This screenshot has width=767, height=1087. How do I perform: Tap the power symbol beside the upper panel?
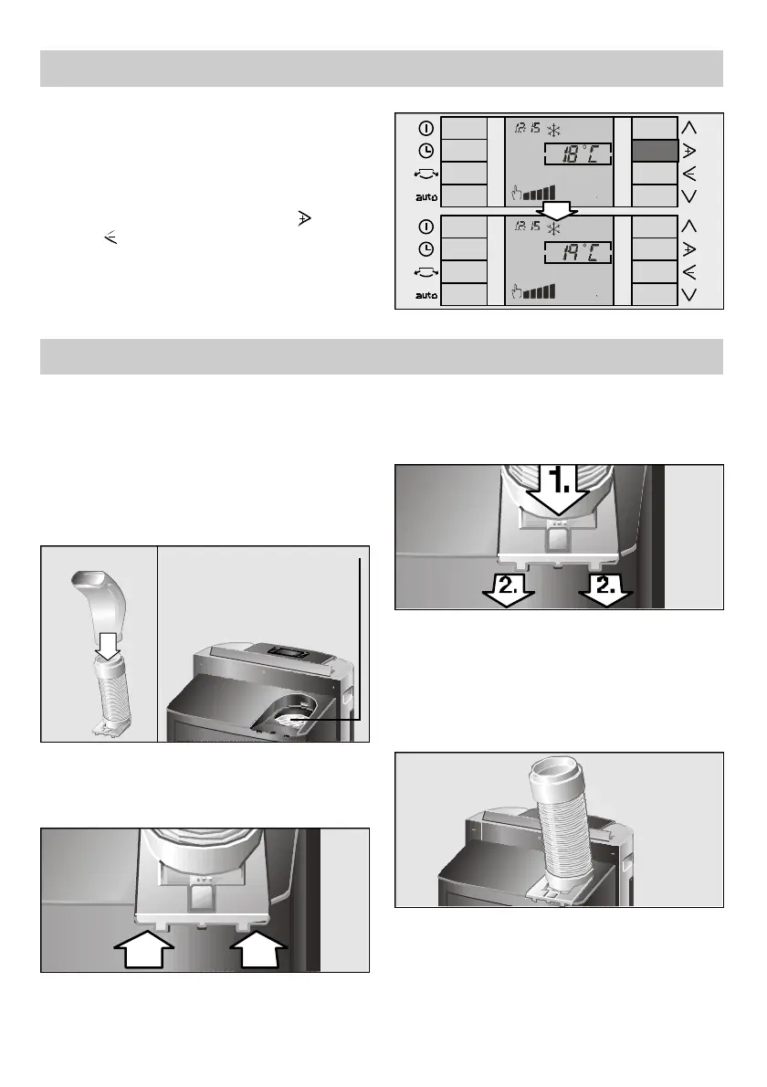pos(426,128)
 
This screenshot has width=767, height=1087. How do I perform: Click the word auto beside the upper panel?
pos(426,195)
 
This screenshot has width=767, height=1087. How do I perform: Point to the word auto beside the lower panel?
pos(426,295)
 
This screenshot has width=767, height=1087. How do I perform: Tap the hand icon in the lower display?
pos(517,291)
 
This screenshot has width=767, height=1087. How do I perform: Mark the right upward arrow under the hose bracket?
pos(260,951)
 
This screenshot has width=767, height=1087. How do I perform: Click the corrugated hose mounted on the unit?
pos(564,822)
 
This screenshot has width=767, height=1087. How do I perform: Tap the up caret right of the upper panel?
pos(688,127)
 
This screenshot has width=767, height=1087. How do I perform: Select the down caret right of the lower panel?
pos(688,294)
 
